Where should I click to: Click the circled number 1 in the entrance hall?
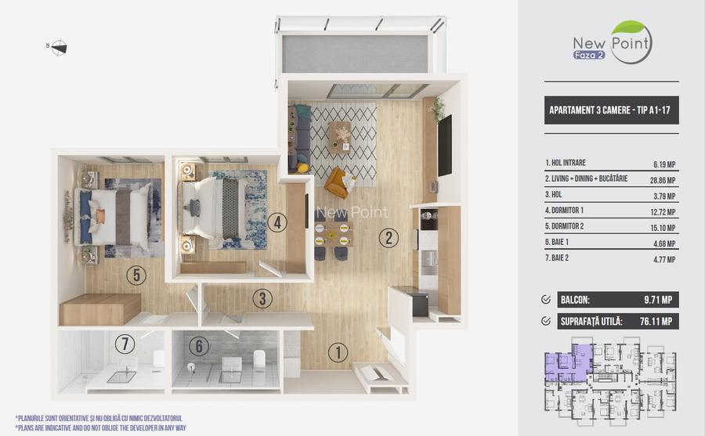click(x=338, y=352)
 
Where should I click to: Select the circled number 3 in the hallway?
click(x=263, y=298)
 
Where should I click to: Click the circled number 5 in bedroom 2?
click(x=136, y=275)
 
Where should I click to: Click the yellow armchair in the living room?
click(x=338, y=182)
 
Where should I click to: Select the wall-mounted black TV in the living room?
click(x=444, y=146)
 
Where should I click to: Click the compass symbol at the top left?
click(x=58, y=48)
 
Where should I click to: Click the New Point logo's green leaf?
click(x=627, y=29)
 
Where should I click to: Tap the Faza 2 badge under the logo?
click(x=588, y=56)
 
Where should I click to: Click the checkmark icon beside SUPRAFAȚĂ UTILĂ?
click(x=546, y=320)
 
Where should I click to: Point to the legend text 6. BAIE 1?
click(x=559, y=244)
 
